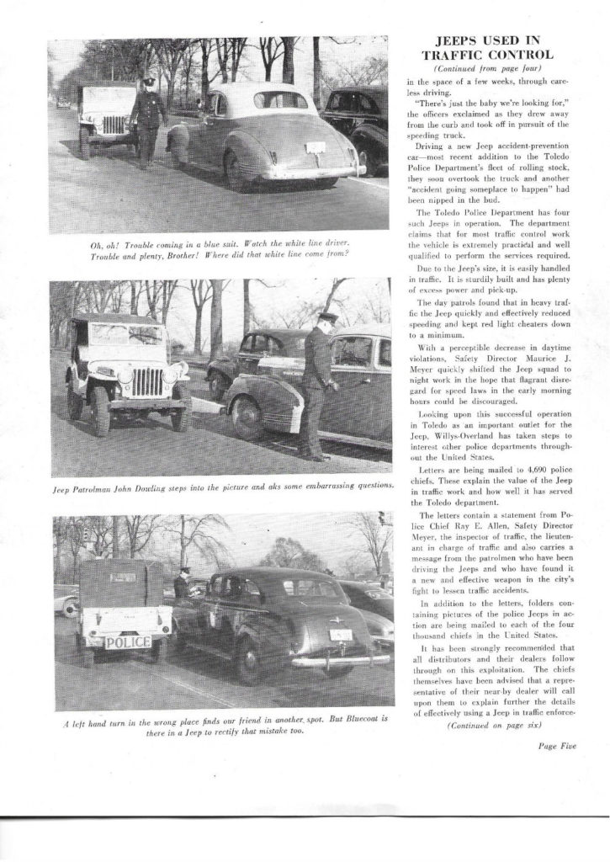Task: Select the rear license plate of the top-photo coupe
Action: pos(316,148)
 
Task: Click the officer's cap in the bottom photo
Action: pos(183,570)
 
